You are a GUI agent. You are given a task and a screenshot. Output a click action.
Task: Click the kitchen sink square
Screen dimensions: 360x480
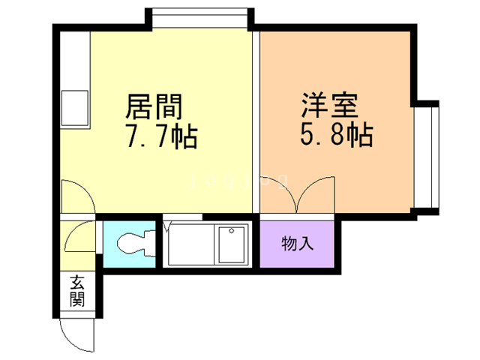click(x=76, y=108)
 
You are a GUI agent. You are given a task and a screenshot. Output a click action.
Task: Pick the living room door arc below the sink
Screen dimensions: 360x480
click(x=77, y=197)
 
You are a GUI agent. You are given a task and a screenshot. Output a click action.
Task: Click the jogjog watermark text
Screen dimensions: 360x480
click(x=239, y=179)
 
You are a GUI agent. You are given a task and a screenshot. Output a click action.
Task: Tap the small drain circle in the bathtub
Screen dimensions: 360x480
click(x=233, y=230)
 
